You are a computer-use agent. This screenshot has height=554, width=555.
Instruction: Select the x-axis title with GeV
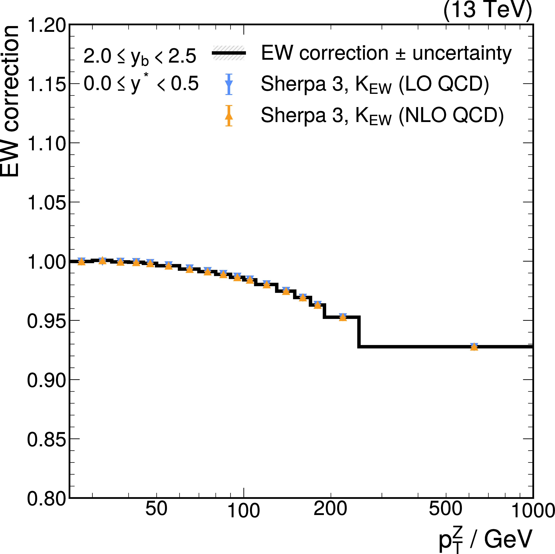(486, 539)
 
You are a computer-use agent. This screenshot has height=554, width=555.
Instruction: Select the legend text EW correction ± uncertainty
(386, 53)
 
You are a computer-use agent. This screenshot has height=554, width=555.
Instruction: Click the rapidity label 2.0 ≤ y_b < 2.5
(140, 56)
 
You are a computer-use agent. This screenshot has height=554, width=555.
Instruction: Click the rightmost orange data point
(474, 347)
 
